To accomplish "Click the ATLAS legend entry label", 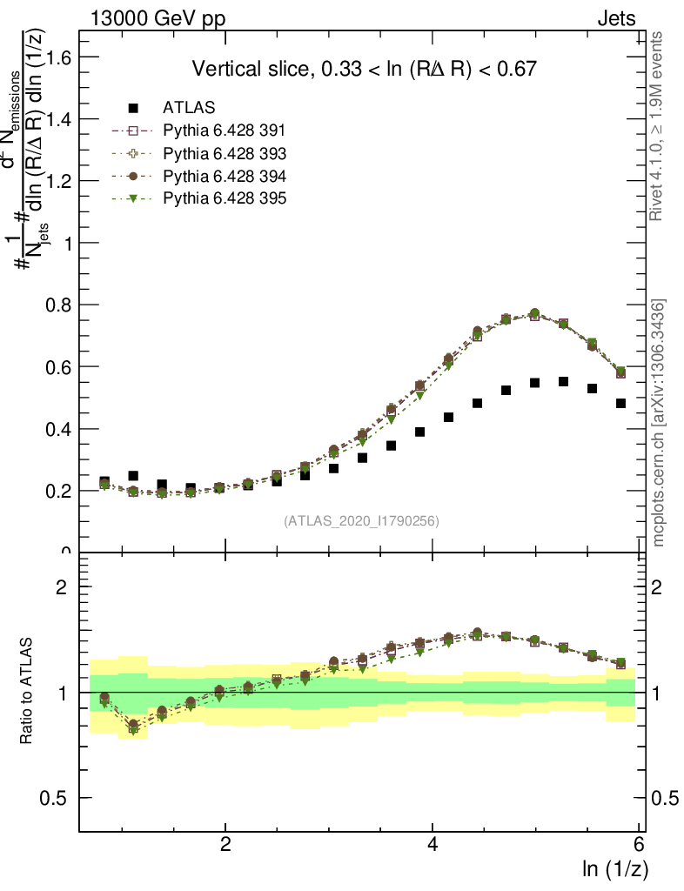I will tap(189, 108).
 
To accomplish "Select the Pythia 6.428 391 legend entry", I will tap(225, 131).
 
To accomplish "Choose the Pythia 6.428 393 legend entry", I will tap(225, 153).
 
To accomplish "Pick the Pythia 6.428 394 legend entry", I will tap(225, 176).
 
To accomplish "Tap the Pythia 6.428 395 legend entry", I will tap(225, 198).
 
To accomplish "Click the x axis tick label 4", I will tap(433, 844).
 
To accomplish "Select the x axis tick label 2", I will tap(225, 844).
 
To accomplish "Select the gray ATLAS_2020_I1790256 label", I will tap(360, 521).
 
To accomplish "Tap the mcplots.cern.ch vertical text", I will tap(659, 423).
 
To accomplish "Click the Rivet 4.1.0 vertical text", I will tap(659, 127).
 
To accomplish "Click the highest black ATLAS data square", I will tap(563, 382).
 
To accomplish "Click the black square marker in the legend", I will tap(133, 108).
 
